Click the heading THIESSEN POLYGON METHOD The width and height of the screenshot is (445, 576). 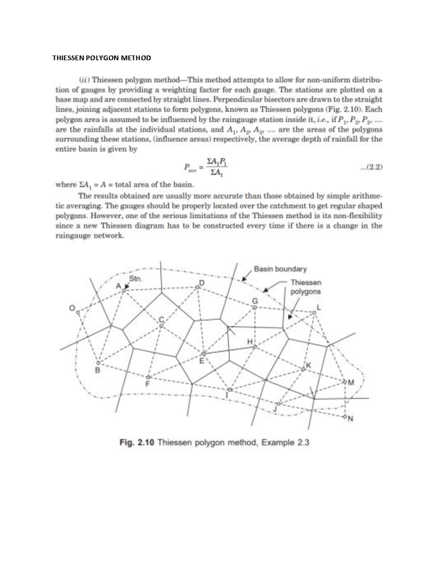(102, 58)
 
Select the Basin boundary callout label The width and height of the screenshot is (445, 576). (280, 269)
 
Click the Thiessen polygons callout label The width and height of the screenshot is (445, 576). (306, 287)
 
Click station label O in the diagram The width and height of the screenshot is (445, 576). (73, 308)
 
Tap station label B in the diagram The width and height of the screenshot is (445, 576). (98, 370)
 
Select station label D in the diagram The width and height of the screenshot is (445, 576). (202, 283)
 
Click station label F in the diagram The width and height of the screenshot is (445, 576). (147, 384)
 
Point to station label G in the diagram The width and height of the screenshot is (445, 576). (255, 300)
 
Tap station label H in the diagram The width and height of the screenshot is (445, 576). (250, 341)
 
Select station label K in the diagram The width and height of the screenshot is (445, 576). (308, 365)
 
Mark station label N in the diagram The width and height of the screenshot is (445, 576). (350, 419)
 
